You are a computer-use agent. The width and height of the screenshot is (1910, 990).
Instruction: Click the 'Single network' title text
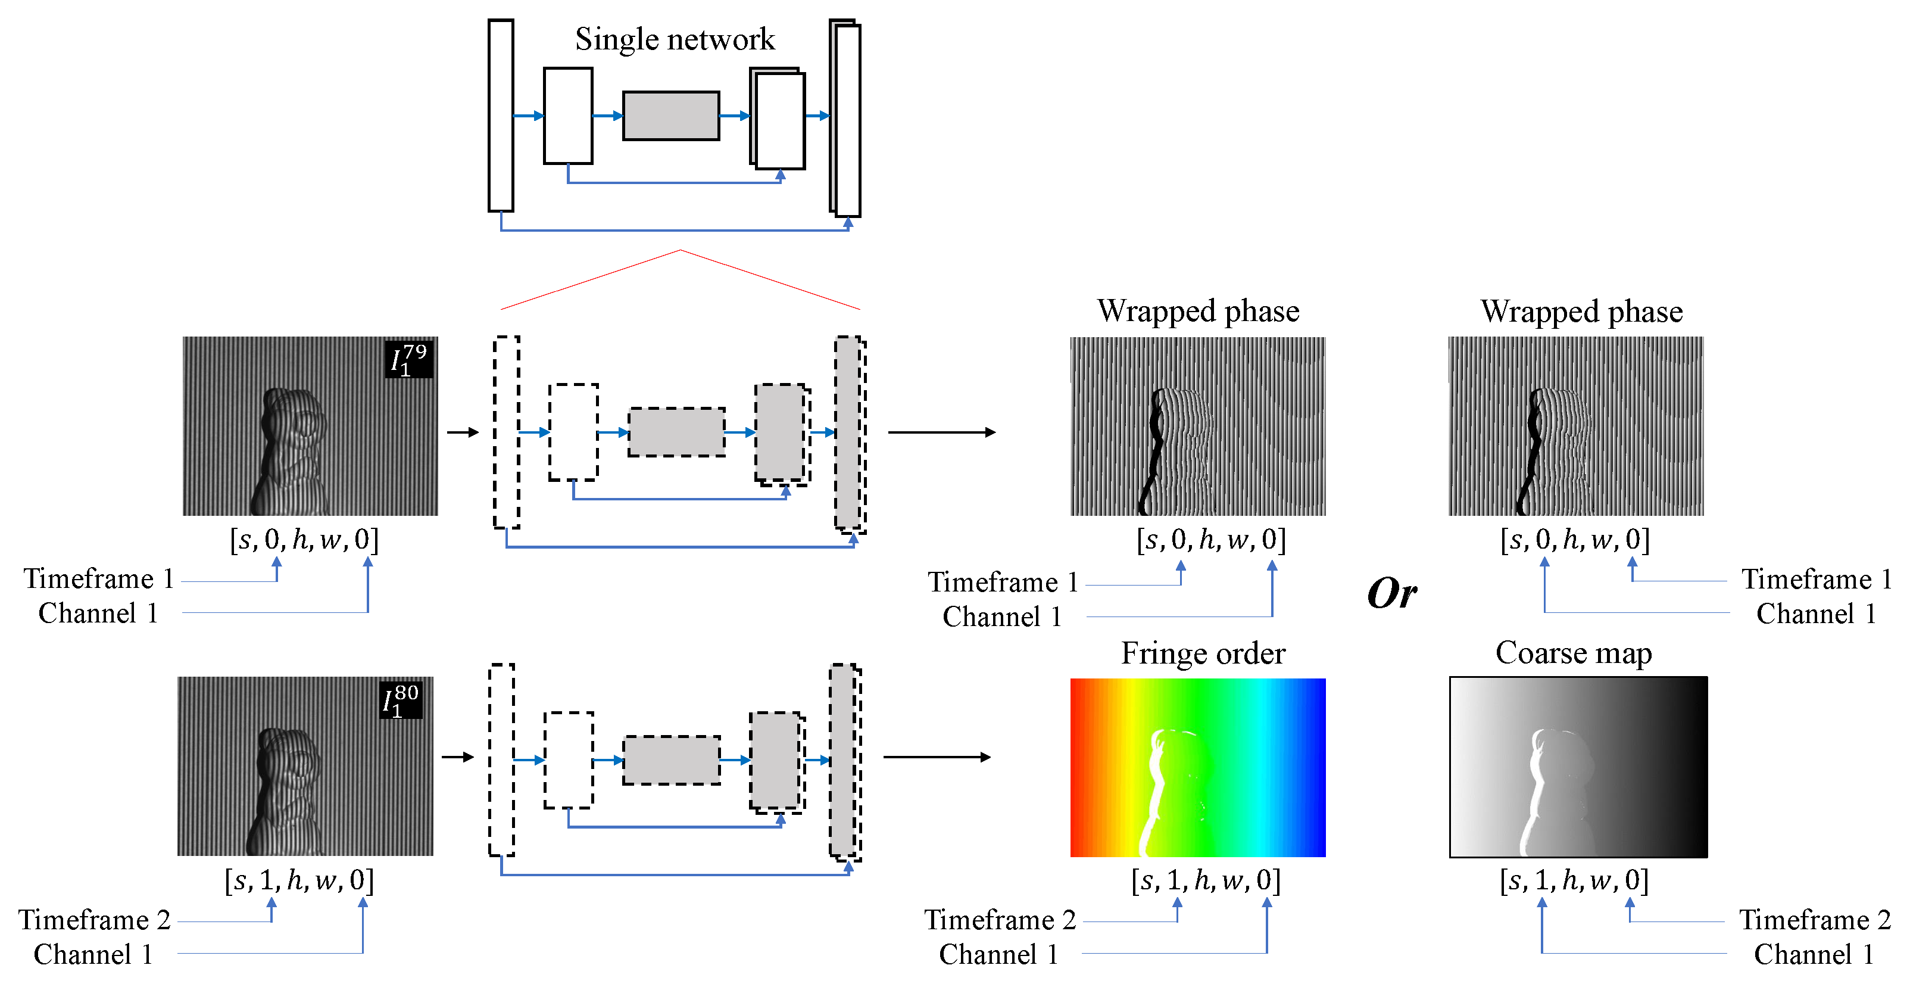pos(674,39)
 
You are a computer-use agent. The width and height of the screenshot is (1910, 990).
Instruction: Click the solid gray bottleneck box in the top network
pos(670,116)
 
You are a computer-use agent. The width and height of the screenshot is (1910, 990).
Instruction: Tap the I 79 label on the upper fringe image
pos(408,360)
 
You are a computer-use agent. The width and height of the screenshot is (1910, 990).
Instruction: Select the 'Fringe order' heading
pos(1202,653)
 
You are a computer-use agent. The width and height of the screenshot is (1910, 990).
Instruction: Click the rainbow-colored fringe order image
pos(1197,768)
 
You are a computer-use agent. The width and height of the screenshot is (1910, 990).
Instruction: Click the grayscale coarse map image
pos(1578,768)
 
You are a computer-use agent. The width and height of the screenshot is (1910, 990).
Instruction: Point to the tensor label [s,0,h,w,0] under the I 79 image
pos(304,540)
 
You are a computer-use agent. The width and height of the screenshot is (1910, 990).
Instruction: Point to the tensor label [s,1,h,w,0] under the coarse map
pos(1574,880)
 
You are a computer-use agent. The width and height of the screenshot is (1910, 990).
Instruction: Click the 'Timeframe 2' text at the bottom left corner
pos(94,920)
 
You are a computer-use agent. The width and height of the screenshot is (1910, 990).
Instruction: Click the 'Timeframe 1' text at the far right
pos(1816,579)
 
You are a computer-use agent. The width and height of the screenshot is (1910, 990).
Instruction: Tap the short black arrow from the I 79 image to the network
pos(463,432)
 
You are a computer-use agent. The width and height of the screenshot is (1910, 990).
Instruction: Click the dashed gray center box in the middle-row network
pos(676,432)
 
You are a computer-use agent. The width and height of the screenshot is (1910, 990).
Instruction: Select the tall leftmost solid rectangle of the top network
pos(501,116)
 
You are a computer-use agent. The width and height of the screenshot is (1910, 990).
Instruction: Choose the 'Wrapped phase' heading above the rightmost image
pos(1581,312)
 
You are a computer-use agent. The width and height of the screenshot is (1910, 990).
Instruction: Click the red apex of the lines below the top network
pos(680,251)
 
